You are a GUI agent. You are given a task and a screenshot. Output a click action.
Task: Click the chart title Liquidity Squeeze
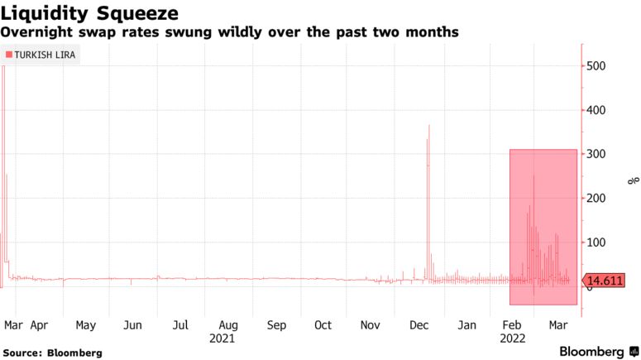[x=91, y=12]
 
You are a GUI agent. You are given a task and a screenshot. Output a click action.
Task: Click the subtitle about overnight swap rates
[x=230, y=31]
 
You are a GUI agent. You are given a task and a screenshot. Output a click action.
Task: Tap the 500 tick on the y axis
[x=599, y=66]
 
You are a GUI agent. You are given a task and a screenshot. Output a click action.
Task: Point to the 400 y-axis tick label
[x=599, y=110]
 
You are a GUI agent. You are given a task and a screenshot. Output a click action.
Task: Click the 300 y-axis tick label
[x=599, y=155]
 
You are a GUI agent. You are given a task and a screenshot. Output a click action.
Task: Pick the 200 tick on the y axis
[x=599, y=199]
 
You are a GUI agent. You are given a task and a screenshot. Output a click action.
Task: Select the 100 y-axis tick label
[x=599, y=242]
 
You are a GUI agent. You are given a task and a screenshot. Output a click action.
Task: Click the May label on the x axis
[x=86, y=325]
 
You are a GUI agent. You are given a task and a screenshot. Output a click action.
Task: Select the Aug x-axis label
[x=228, y=325]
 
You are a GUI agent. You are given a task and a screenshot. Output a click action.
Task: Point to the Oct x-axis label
[x=323, y=325]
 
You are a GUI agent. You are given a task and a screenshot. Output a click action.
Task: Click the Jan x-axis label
[x=467, y=325]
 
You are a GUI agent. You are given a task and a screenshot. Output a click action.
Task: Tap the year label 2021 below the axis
[x=222, y=338]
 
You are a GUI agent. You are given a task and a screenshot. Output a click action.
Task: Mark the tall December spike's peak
[x=429, y=126]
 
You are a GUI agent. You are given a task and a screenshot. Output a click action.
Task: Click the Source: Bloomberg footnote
[x=53, y=353]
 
